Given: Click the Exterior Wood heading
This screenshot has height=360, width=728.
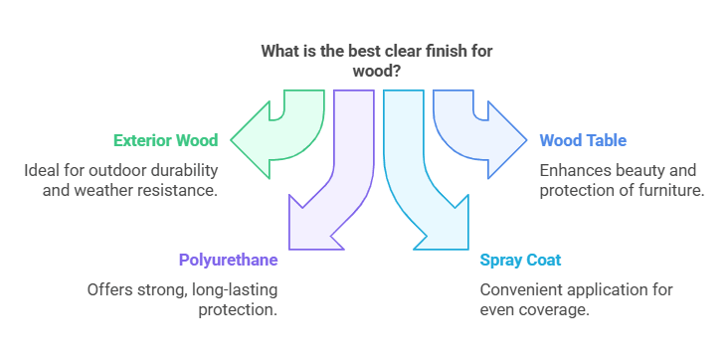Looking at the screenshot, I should click(165, 140).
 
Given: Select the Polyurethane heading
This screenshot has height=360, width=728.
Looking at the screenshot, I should click(228, 261).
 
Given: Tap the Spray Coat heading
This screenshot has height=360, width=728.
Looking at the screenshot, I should click(520, 261).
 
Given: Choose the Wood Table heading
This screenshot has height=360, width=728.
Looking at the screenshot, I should click(583, 140).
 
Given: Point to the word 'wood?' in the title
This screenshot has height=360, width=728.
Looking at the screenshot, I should click(377, 72).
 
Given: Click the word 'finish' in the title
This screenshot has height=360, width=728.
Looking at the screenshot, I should click(441, 51).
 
